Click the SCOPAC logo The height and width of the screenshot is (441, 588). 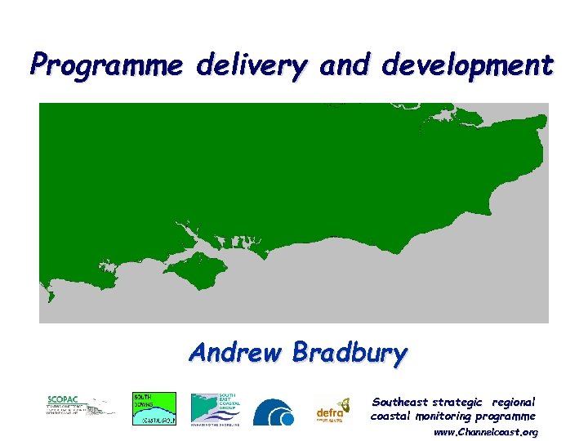(x=80, y=407)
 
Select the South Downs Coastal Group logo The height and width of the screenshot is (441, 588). (x=154, y=408)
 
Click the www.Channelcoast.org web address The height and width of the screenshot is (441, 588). (x=486, y=431)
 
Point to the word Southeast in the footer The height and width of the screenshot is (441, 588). (x=400, y=402)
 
